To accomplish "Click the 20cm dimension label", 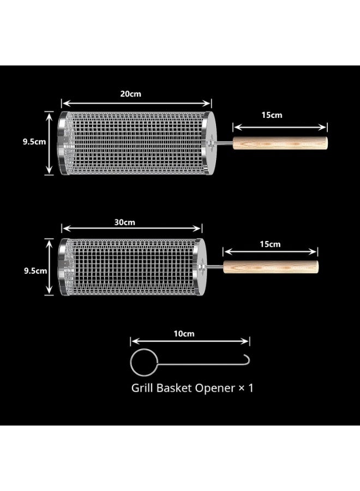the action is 130,94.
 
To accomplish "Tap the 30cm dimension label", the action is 124,223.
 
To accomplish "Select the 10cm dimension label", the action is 184,334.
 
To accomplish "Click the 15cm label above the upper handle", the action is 272,115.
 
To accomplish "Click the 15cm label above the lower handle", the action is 270,244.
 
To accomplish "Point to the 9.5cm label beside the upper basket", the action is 34,141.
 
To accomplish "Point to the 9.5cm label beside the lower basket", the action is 35,271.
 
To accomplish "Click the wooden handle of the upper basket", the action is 280,143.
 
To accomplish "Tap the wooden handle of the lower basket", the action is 271,267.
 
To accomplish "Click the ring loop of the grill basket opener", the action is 130,363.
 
